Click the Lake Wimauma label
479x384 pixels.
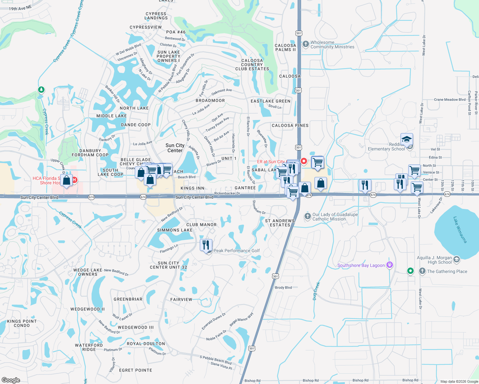point(460,229)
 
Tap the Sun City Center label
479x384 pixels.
point(175,148)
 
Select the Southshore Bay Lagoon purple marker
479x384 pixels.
point(389,265)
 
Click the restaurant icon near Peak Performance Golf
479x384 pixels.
point(206,245)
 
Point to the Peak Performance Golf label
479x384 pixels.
point(237,251)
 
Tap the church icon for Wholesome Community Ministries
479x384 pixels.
point(305,44)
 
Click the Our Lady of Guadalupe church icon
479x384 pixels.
point(307,216)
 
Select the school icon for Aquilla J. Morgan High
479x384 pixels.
point(457,259)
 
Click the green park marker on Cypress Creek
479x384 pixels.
point(41,90)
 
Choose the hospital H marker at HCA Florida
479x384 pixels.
point(74,180)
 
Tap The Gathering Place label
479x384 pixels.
point(447,271)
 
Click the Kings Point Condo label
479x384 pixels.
point(22,323)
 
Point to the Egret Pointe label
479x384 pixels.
point(135,370)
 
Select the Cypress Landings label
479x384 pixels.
point(156,16)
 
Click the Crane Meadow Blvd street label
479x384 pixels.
point(450,100)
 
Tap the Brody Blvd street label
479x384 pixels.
point(283,287)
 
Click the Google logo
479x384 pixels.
point(11,380)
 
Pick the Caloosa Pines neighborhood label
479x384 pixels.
point(290,125)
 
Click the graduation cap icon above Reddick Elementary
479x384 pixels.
point(407,140)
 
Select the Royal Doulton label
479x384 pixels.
point(146,344)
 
